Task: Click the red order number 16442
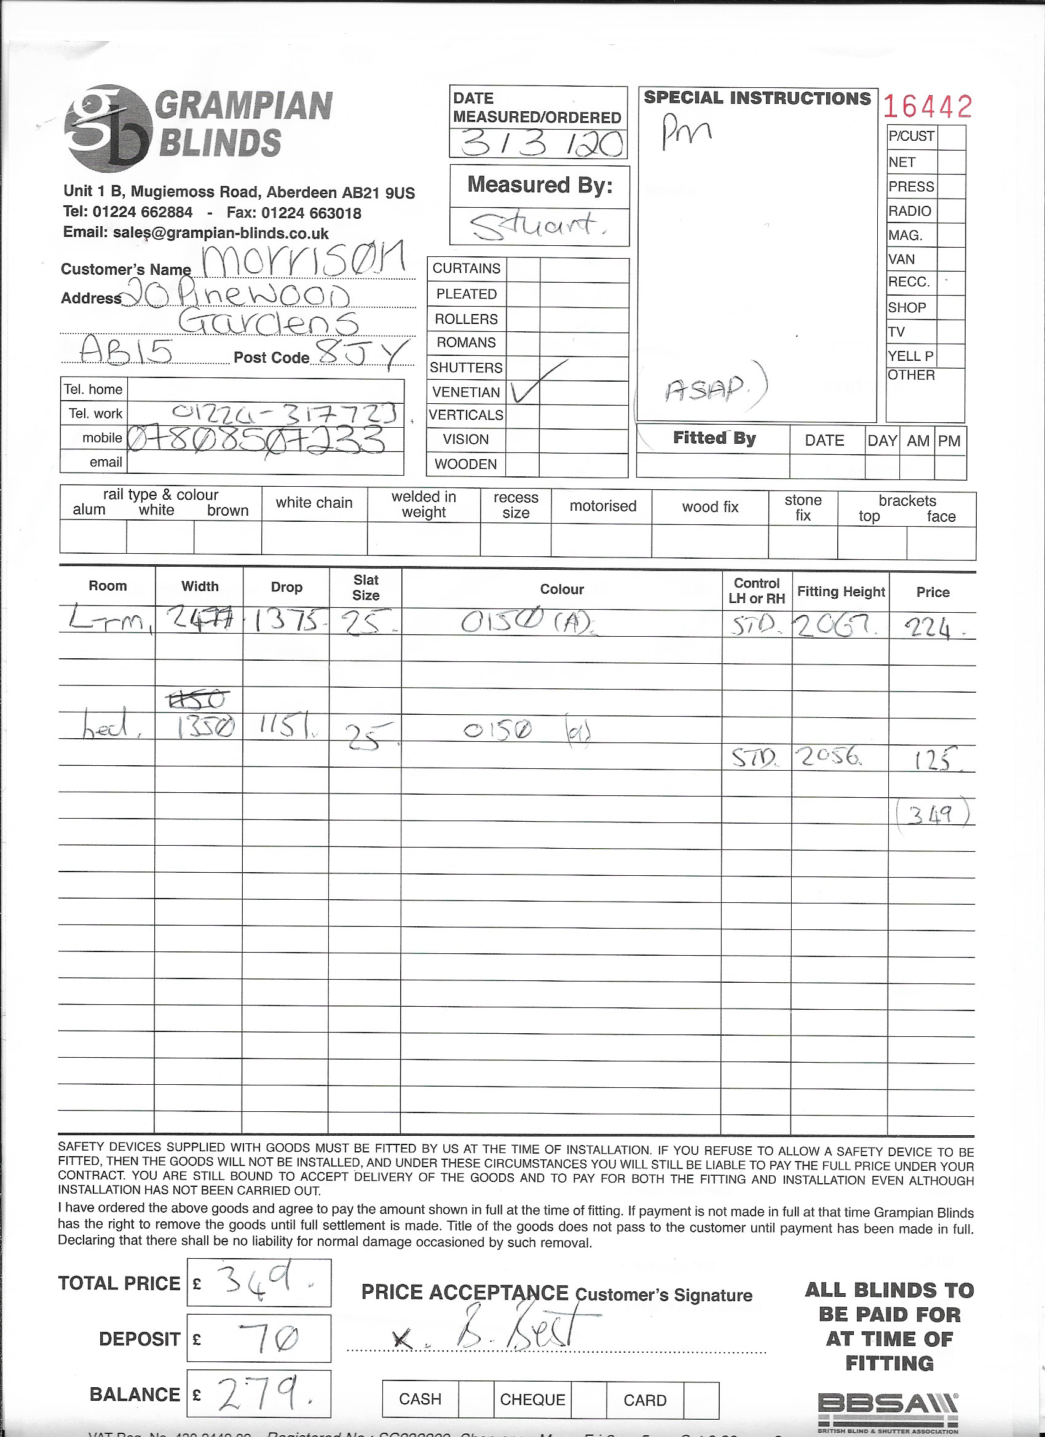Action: pos(927,106)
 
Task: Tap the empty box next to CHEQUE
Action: pos(589,1400)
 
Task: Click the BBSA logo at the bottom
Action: pos(887,1407)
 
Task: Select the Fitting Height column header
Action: pos(840,591)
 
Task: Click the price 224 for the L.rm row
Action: pos(928,628)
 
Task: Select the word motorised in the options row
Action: pos(602,506)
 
